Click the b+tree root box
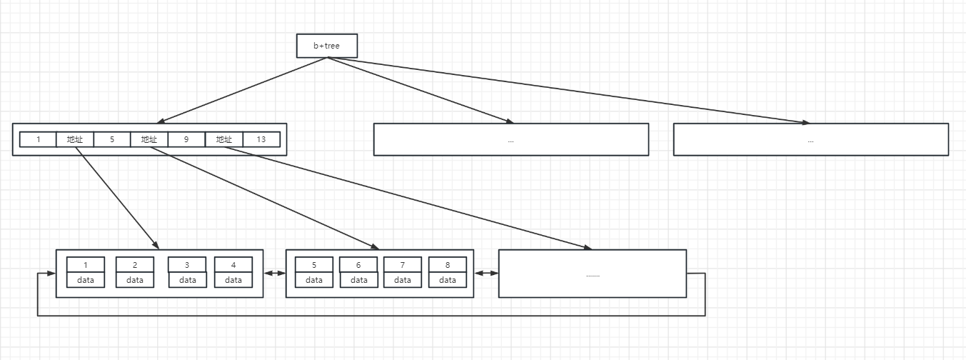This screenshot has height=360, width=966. coord(327,46)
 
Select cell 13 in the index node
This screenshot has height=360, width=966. coord(261,139)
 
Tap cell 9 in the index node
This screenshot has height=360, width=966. coord(186,139)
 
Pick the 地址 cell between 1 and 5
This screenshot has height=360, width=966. coord(75,139)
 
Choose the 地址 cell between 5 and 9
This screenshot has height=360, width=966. coord(149,139)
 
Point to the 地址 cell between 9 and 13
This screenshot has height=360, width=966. coord(224,139)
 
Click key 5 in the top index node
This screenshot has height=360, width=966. coord(112,139)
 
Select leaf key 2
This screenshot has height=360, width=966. coord(135,265)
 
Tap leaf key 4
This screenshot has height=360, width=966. coord(233,265)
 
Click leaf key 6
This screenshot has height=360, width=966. coord(359,265)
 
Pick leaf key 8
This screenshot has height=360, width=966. coord(448,265)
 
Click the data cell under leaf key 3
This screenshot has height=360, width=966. coord(188,280)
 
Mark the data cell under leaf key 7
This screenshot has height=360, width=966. coord(403,280)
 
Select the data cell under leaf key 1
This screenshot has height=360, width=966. coord(86,280)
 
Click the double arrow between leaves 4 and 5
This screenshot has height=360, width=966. coord(274,274)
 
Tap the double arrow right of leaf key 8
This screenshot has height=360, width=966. coord(485,274)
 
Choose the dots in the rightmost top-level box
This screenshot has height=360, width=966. coord(810,141)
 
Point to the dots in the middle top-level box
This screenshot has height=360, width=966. coord(510,141)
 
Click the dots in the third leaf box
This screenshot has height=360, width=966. coord(592,274)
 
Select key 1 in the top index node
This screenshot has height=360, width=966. coord(39,139)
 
